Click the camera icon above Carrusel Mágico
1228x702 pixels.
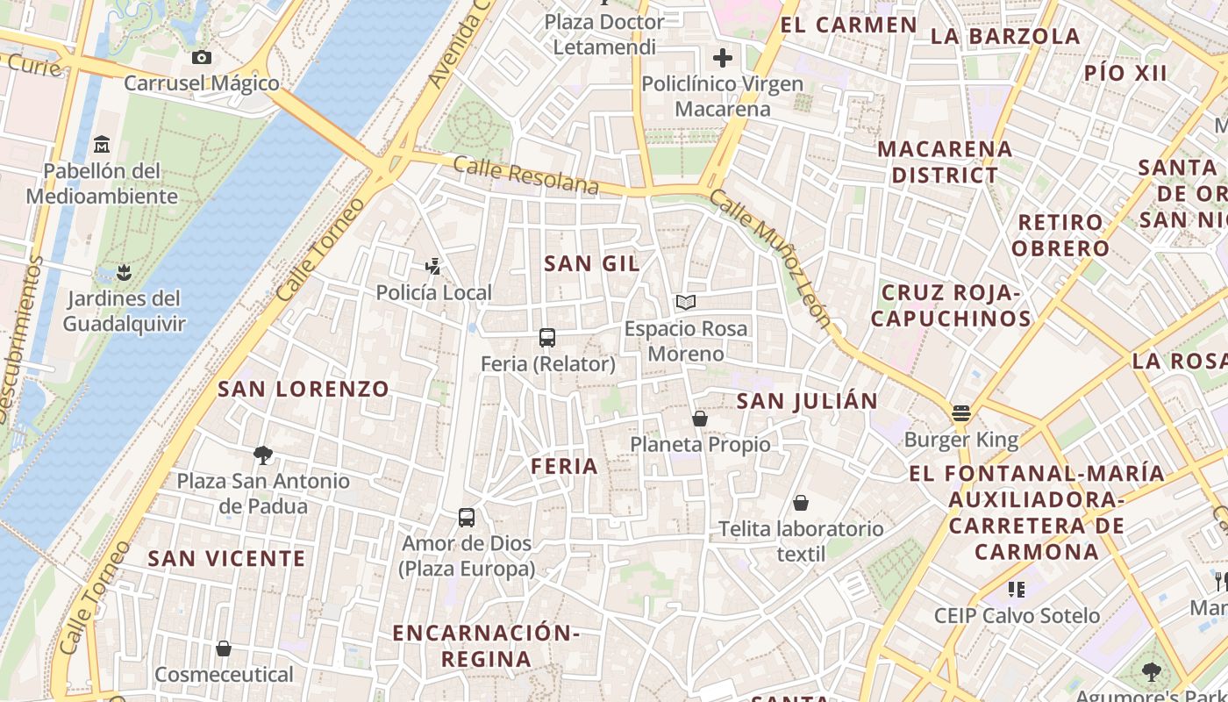[x=202, y=58]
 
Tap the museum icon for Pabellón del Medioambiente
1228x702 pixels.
[x=102, y=144]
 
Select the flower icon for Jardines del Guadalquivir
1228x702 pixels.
[x=125, y=272]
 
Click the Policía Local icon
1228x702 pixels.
[x=432, y=266]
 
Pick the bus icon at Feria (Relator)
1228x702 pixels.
[x=547, y=337]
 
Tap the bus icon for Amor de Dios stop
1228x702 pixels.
[x=467, y=517]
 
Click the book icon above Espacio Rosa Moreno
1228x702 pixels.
[x=686, y=303]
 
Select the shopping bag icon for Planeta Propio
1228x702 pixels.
[x=700, y=419]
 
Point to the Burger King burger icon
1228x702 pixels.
[x=961, y=413]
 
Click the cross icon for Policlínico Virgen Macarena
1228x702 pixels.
[x=723, y=58]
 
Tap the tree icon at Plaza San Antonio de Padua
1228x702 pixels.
[x=262, y=455]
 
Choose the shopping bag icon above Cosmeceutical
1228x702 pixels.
[x=224, y=648]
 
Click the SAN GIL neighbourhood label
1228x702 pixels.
[x=592, y=263]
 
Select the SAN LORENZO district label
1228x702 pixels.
[x=303, y=389]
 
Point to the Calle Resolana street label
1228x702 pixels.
[x=526, y=175]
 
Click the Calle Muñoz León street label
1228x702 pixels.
[x=770, y=260]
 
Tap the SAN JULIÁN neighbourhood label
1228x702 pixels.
[x=807, y=401]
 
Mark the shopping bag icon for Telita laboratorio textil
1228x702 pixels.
[x=800, y=503]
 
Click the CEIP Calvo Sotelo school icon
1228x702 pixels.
[x=1017, y=589]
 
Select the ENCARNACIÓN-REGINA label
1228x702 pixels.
[x=486, y=645]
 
